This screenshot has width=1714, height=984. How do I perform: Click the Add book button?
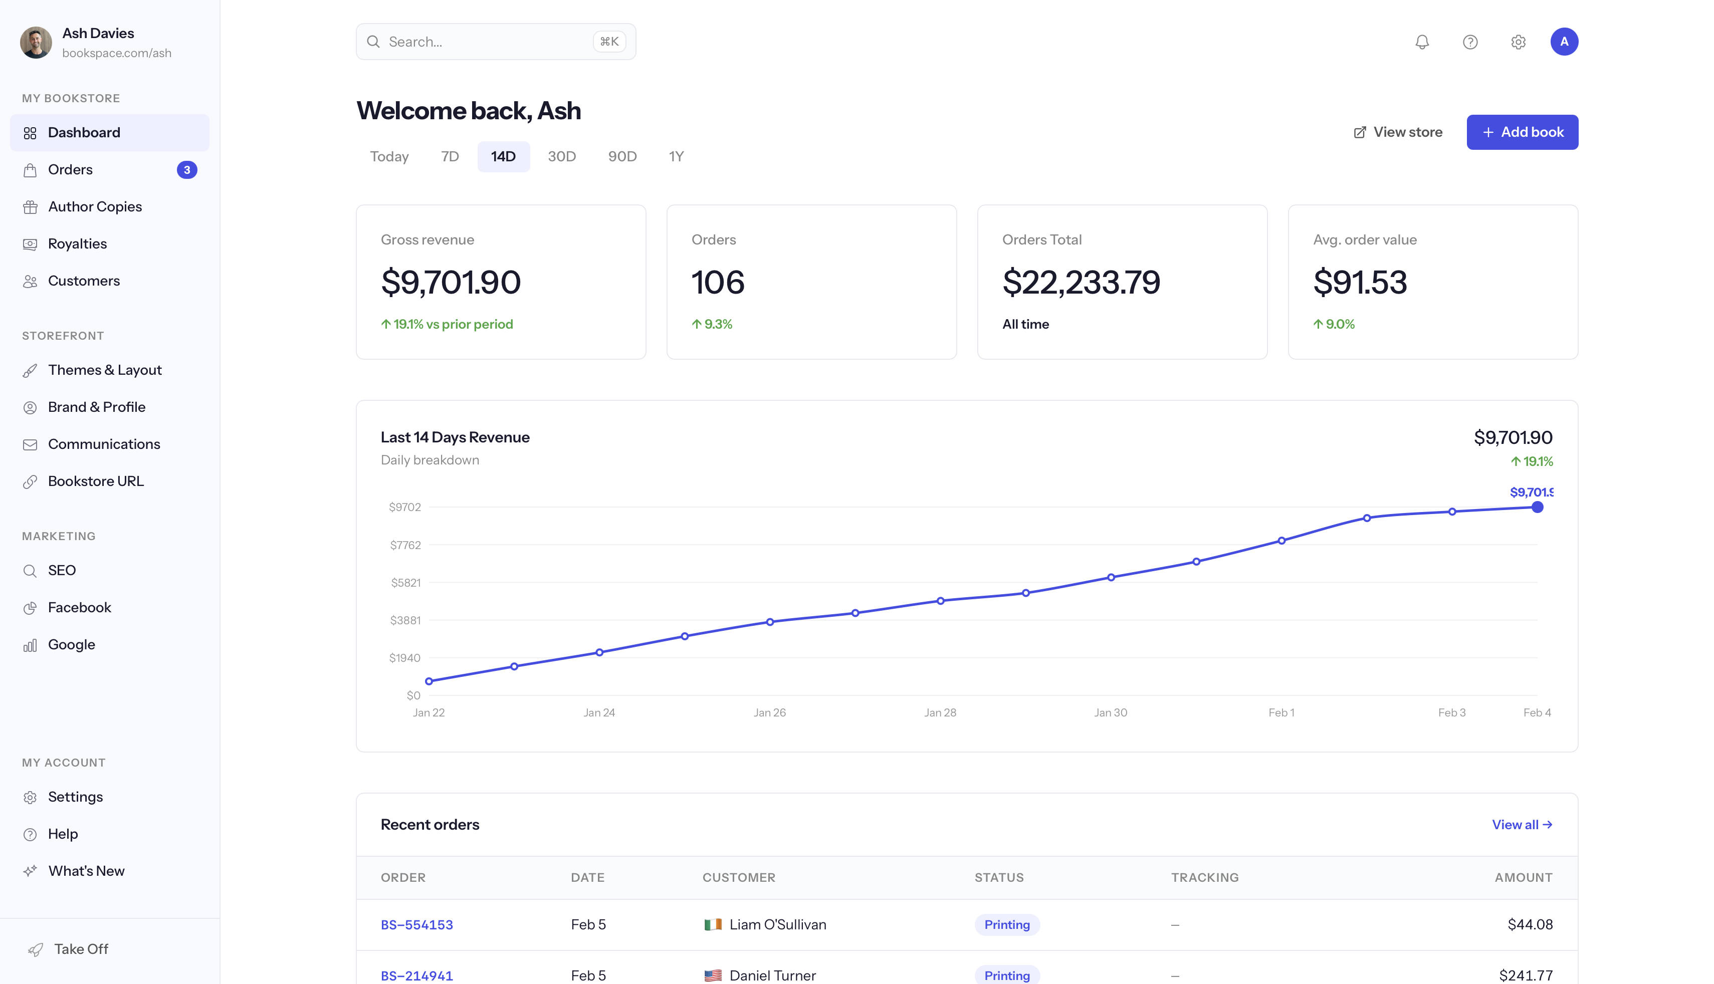[1522, 132]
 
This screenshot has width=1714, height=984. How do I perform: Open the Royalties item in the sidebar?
[77, 244]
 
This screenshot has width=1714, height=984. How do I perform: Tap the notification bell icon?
[1421, 42]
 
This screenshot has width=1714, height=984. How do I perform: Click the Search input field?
[487, 42]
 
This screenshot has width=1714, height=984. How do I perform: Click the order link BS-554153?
[416, 924]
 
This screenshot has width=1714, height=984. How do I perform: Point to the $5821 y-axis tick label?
[405, 583]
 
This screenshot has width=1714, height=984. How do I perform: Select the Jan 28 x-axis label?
[940, 712]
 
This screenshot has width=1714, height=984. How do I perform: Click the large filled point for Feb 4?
[1537, 507]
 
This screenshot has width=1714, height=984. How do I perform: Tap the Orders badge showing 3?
[186, 170]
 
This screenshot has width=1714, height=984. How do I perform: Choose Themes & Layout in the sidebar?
[105, 370]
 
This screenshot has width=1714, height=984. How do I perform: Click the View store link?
[1398, 132]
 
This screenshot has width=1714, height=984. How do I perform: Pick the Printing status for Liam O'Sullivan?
[1006, 924]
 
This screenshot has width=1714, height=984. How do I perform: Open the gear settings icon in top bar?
[1518, 42]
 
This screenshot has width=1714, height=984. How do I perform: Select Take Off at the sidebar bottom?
[80, 949]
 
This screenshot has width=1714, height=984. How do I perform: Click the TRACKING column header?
[1204, 877]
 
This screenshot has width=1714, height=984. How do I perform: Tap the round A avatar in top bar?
[1563, 42]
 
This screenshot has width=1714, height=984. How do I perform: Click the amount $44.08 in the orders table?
[1530, 924]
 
